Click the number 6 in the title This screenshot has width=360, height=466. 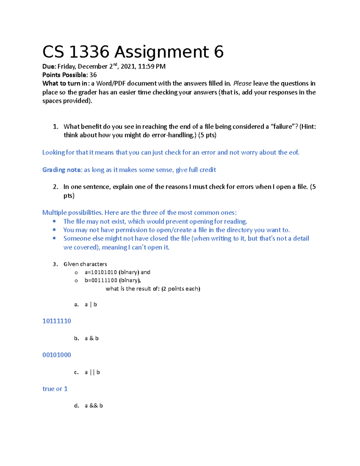(219, 52)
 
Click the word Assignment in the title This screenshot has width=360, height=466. (161, 52)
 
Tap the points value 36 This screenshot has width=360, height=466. (93, 75)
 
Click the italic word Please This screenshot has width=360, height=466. (242, 83)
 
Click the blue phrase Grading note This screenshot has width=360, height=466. (62, 170)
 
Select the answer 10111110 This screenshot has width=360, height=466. (57, 321)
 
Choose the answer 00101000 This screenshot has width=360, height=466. (57, 355)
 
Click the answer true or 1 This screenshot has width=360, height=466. (55, 389)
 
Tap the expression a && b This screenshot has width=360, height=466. (94, 406)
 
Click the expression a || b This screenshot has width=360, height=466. (92, 372)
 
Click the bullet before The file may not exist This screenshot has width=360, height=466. (54, 221)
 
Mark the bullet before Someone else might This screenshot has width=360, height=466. (54, 238)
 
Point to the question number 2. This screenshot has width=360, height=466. (55, 187)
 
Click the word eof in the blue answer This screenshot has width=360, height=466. (294, 152)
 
